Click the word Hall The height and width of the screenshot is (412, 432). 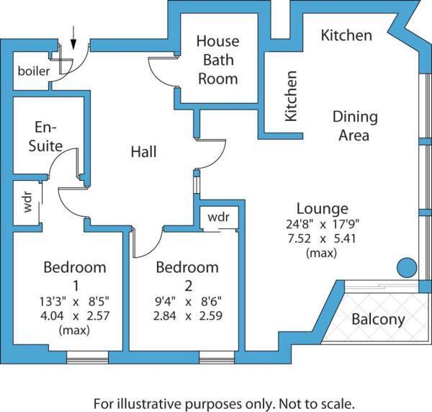point(143,152)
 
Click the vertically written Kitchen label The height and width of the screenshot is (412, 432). point(291,95)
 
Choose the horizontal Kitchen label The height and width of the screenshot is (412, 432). point(346,35)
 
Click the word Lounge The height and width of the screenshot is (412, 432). point(323,209)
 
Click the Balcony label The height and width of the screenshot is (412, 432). point(378,319)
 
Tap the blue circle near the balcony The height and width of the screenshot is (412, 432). point(407,269)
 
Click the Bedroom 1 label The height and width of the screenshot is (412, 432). point(75,276)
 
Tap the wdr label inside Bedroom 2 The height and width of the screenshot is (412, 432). point(218,217)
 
